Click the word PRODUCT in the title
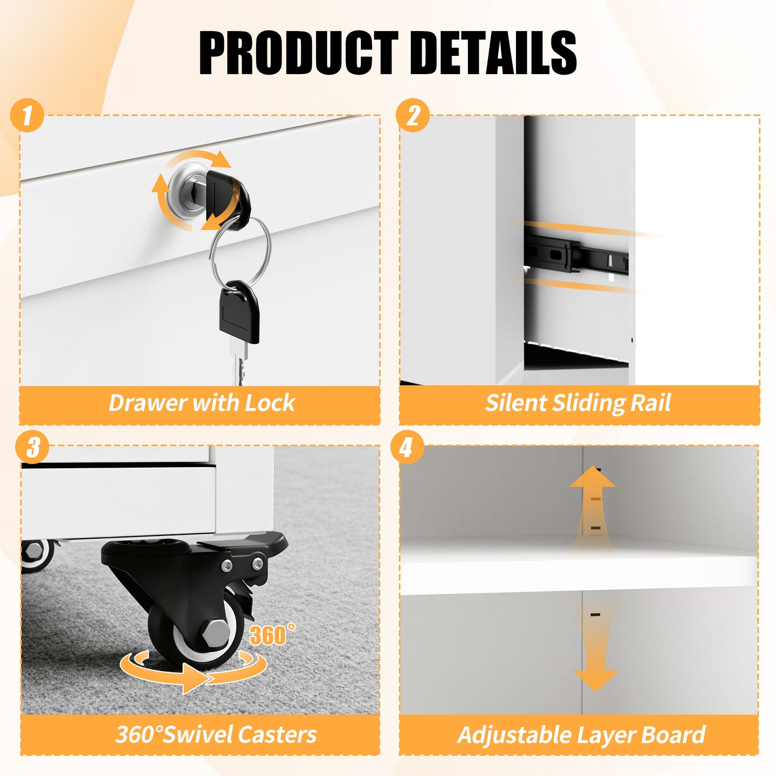pos(299,53)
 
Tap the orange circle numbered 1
pos(27,115)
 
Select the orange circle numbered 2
pos(413,115)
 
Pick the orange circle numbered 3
pos(32,447)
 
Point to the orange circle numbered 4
pos(407,447)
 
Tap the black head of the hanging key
pos(239,312)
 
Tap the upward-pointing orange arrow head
pos(592,477)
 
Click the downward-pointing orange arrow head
pos(595,680)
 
